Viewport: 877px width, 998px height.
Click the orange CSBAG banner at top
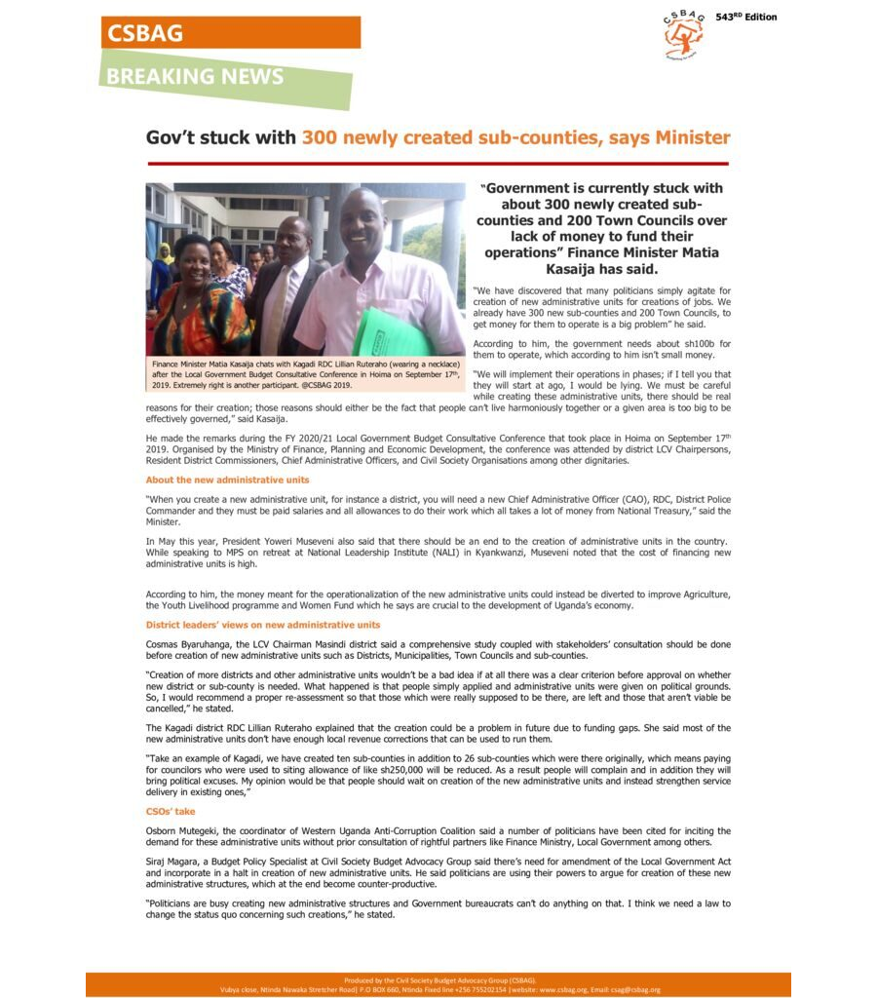230,32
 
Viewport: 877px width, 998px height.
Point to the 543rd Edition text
746,18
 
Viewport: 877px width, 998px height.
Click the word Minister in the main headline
693,137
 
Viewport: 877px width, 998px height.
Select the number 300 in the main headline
322,137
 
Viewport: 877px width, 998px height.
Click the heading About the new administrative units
227,480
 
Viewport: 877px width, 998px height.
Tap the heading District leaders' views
263,624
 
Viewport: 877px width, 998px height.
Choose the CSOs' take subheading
171,811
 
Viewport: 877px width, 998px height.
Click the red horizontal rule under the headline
438,163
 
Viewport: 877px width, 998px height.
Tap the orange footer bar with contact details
438,984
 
